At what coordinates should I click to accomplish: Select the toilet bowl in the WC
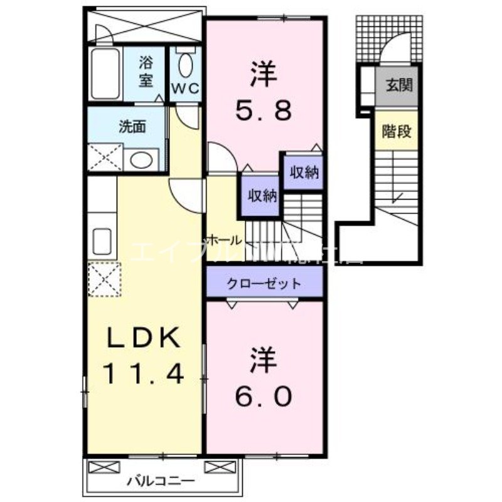tap(185, 64)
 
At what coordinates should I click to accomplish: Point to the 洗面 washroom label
tap(132, 126)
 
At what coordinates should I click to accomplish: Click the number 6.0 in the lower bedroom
tap(264, 395)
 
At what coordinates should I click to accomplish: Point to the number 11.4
tap(144, 375)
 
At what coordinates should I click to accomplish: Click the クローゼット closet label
tap(264, 283)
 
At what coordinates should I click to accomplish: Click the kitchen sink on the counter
tap(102, 240)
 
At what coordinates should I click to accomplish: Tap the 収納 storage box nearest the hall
tap(261, 195)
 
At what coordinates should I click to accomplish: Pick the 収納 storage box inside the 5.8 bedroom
tap(304, 172)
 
